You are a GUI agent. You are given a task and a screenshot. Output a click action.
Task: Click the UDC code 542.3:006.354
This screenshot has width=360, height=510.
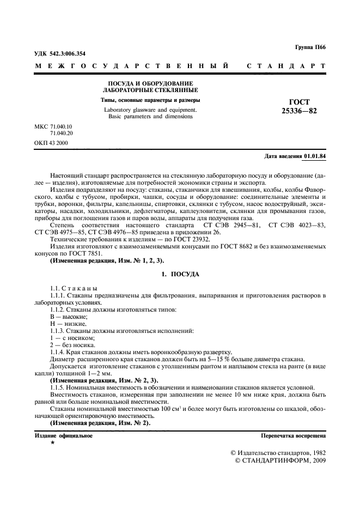point(60,54)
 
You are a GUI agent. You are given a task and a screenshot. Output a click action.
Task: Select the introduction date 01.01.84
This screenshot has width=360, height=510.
point(315,156)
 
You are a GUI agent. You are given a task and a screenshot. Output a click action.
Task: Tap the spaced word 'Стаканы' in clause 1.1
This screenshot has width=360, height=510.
point(82,288)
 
